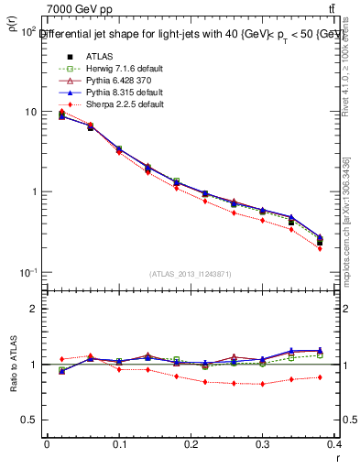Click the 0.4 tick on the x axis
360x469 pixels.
pos(335,445)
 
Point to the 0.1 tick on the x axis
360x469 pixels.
pos(119,445)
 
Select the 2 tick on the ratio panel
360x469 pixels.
pos(35,310)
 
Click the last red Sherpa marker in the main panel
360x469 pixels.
pos(345,248)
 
